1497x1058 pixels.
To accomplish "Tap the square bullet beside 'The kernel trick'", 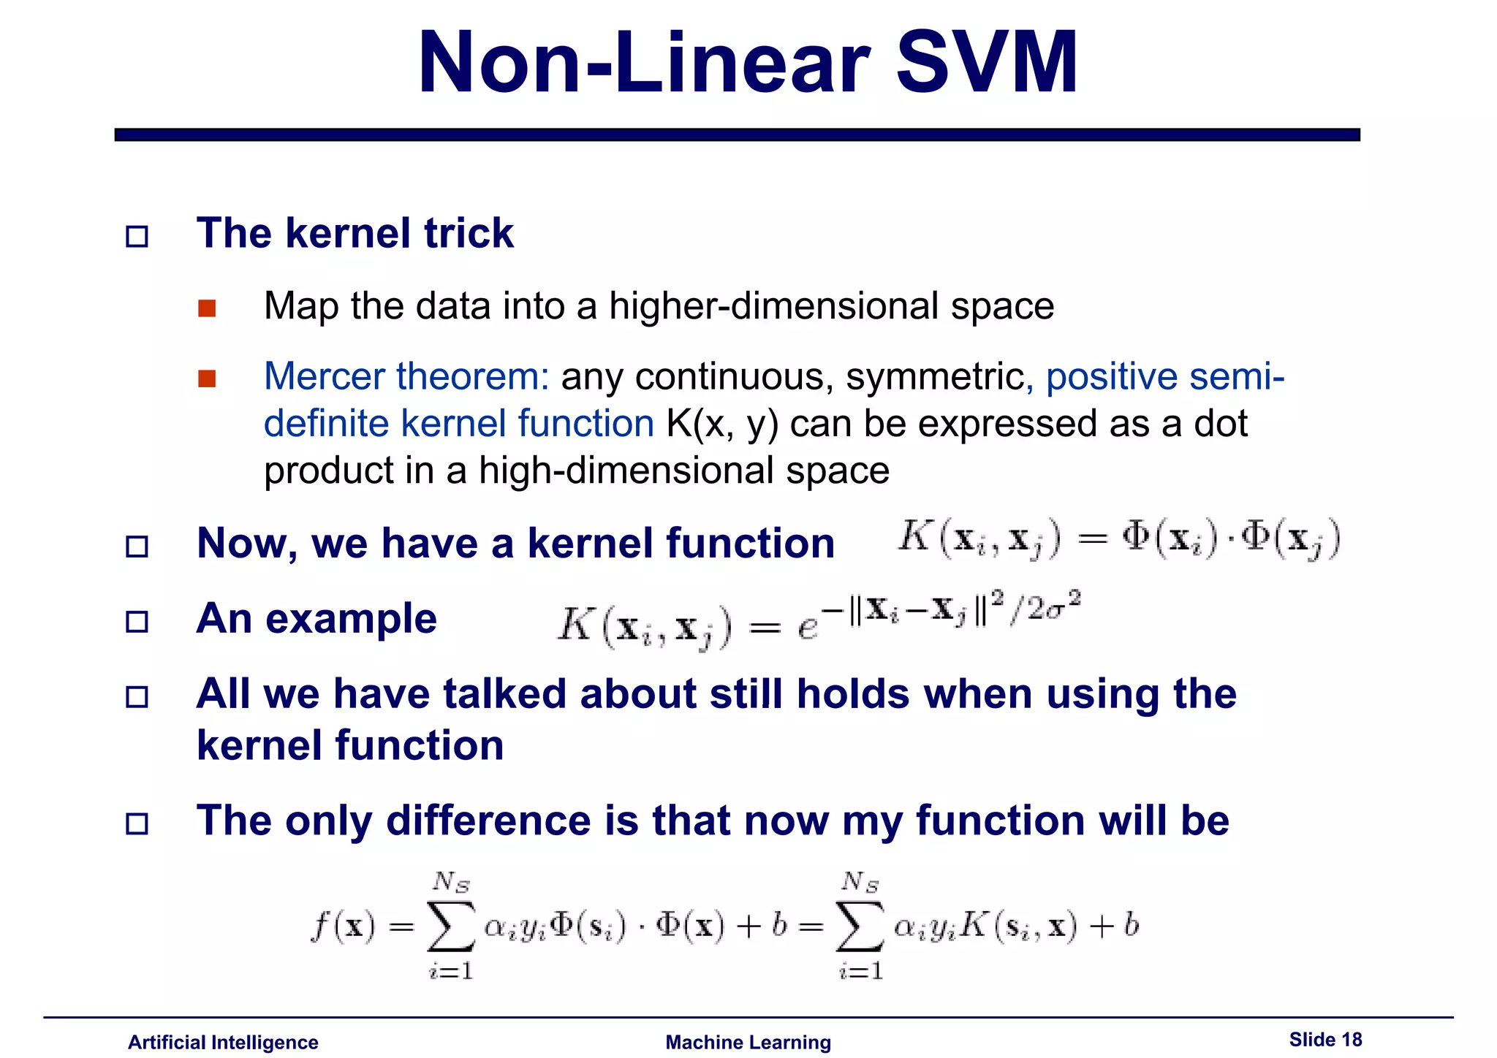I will [x=137, y=237].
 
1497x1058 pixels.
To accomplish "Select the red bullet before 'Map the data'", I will [x=207, y=308].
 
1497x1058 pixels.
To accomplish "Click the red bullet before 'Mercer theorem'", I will [x=207, y=378].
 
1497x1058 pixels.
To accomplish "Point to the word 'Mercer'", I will [x=324, y=377].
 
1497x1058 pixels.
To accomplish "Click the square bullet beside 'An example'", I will [x=137, y=622].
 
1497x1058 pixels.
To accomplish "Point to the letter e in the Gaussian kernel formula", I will [x=807, y=628].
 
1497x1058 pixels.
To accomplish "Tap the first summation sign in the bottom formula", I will [x=451, y=926].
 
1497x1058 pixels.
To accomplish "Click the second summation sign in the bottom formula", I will [x=860, y=926].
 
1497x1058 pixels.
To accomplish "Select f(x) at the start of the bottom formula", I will [x=343, y=926].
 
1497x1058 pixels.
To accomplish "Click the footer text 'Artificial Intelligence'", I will [x=223, y=1042].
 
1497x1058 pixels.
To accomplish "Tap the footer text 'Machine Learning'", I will [x=748, y=1042].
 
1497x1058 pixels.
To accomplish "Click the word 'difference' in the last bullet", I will [x=488, y=821].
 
